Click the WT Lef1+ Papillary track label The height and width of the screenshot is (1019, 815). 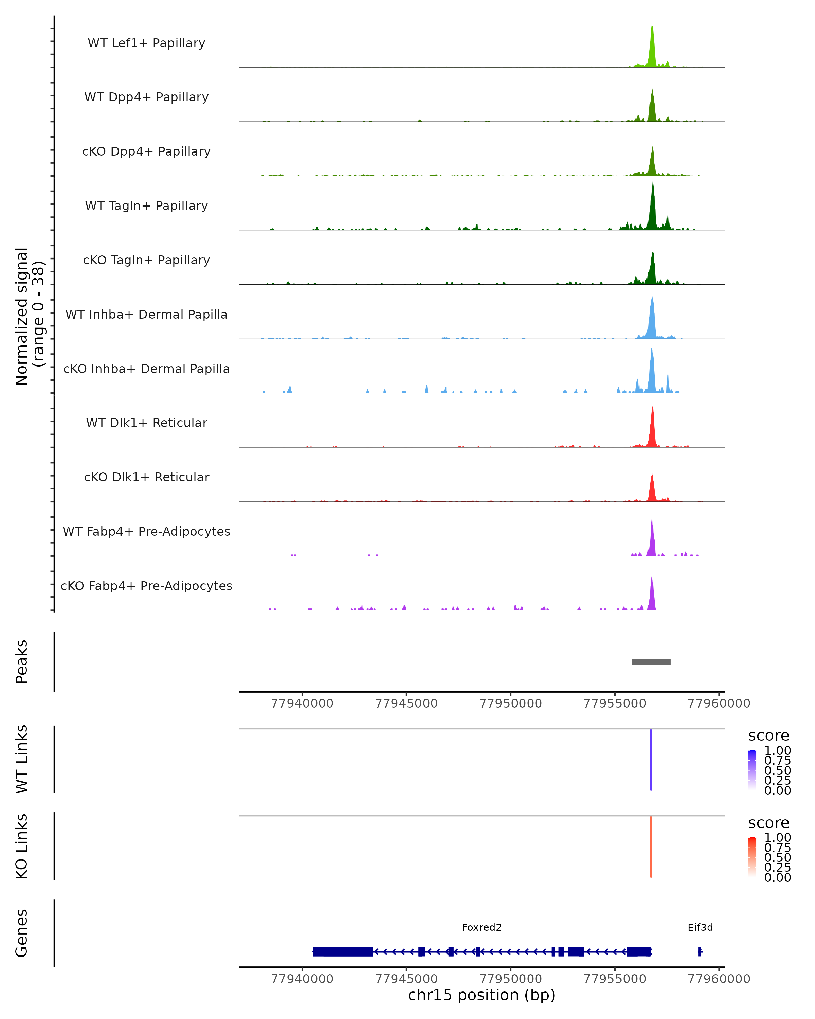point(146,43)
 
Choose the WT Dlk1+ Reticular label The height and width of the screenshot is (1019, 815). point(146,423)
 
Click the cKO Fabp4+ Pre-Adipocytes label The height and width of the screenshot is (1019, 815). point(146,586)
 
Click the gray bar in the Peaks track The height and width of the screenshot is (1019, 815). point(651,662)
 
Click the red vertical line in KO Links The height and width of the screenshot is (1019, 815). point(651,846)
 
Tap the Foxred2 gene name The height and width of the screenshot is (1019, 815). point(482,927)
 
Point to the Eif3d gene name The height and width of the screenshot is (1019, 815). point(700,927)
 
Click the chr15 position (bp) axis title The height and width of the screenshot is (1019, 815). point(482,995)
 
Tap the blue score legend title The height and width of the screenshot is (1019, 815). point(769,735)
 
